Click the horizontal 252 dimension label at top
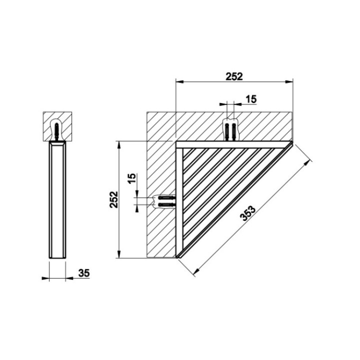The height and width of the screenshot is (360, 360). tap(233, 76)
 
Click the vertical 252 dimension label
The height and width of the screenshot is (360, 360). tap(114, 200)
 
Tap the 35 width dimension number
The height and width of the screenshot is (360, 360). tap(83, 273)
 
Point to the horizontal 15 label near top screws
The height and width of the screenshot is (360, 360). tap(250, 99)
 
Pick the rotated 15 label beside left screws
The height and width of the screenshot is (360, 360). tap(131, 179)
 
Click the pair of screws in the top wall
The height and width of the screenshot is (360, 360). tap(230, 130)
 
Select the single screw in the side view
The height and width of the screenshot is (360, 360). tap(58, 129)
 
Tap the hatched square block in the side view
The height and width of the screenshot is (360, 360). tap(58, 126)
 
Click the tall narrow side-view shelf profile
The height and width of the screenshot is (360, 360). tap(58, 200)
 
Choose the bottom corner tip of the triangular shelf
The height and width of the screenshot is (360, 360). tap(177, 258)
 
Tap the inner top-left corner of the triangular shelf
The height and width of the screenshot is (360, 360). tap(178, 145)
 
